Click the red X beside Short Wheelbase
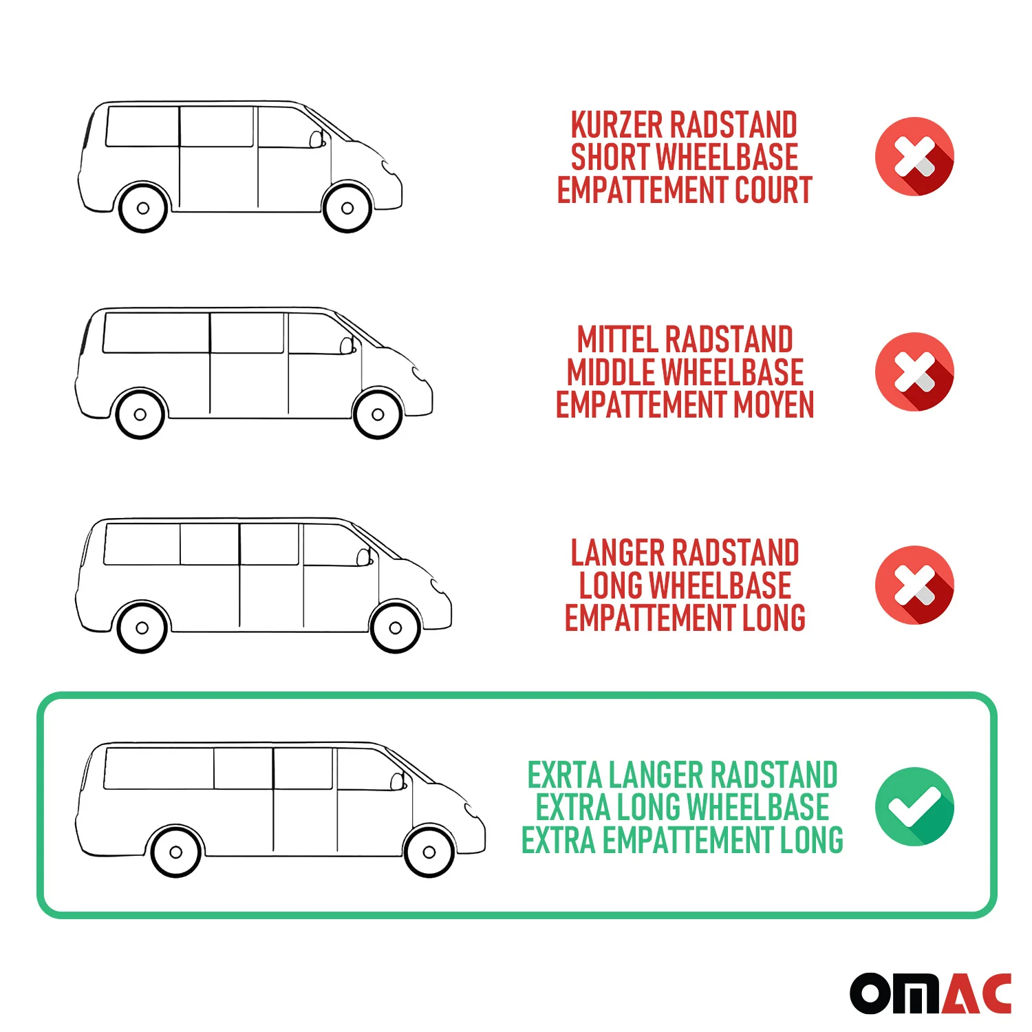coord(914,157)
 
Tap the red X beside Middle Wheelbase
coord(914,372)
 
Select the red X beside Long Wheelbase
coord(914,585)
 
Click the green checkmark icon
coord(914,806)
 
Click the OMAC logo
coord(930,993)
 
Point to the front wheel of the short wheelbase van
coord(347,208)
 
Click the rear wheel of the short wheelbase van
coord(143,208)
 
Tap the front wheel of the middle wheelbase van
coord(378,414)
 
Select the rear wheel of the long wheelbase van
coord(142,627)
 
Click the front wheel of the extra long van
coord(429,852)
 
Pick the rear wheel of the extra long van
coord(175,852)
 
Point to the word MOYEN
coord(774,405)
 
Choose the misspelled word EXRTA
coord(564,775)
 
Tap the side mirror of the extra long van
coord(398,781)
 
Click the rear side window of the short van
coord(142,126)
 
